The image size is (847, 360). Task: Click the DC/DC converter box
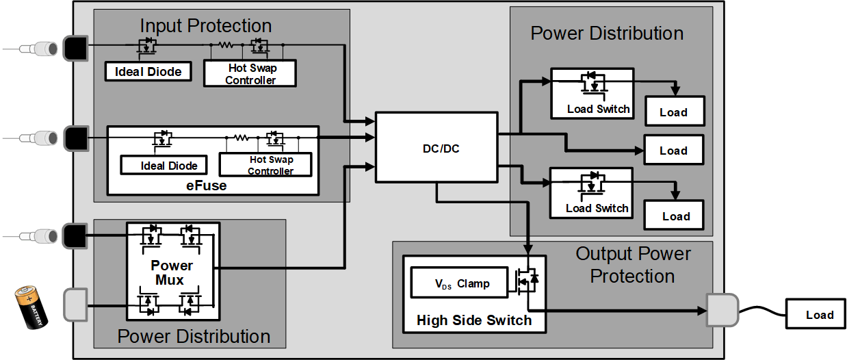(x=436, y=148)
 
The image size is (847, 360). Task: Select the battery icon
(x=31, y=308)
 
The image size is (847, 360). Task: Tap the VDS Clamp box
(x=458, y=283)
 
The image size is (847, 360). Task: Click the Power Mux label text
(x=172, y=272)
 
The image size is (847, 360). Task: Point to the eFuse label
(x=207, y=185)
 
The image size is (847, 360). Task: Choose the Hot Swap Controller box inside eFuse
(x=265, y=164)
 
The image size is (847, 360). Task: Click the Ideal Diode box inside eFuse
(x=169, y=165)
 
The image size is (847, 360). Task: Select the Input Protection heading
(x=206, y=26)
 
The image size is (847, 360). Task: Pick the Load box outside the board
(x=819, y=315)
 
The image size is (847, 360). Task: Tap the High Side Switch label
(x=474, y=320)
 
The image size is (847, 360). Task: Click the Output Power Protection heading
(x=633, y=265)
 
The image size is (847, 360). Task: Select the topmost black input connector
(x=74, y=48)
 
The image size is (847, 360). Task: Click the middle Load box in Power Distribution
(x=673, y=151)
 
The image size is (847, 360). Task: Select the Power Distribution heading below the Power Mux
(x=194, y=336)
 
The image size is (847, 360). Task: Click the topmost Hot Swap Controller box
(x=250, y=73)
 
